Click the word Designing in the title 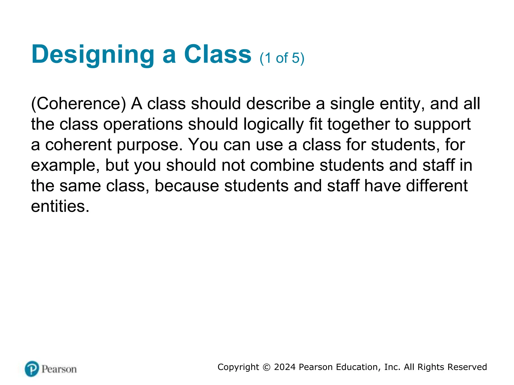click(x=93, y=55)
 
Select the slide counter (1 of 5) click(x=282, y=58)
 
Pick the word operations click(x=143, y=125)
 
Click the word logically click(x=274, y=125)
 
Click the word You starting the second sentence click(x=203, y=145)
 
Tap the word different click(x=437, y=186)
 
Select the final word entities click(x=60, y=206)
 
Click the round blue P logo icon click(x=32, y=369)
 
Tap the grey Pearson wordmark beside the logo click(x=59, y=369)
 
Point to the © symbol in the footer click(x=267, y=367)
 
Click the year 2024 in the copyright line click(x=285, y=367)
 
